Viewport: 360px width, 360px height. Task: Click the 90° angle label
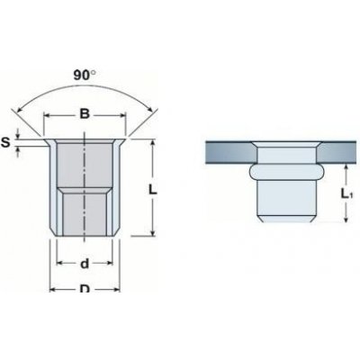pyautogui.click(x=85, y=76)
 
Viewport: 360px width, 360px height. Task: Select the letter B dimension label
pyautogui.click(x=85, y=114)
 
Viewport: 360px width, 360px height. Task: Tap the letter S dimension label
pyautogui.click(x=5, y=143)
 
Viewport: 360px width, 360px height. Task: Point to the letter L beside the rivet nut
pyautogui.click(x=153, y=189)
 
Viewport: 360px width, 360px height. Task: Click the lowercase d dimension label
pyautogui.click(x=85, y=264)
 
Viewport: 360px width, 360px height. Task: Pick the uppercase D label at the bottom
pyautogui.click(x=85, y=289)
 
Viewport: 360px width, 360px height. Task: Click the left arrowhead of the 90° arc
pyautogui.click(x=19, y=111)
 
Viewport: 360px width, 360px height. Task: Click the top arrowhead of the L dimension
pyautogui.click(x=153, y=144)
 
